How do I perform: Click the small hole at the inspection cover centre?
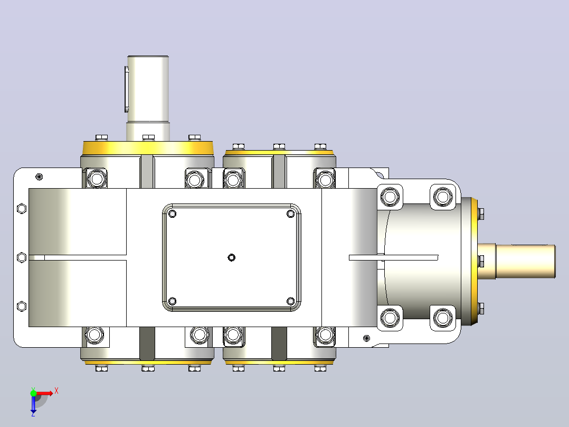pyautogui.click(x=232, y=258)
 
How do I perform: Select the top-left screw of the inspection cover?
pyautogui.click(x=173, y=213)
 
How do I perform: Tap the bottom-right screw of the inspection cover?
pyautogui.click(x=291, y=301)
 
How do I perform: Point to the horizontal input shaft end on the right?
pyautogui.click(x=526, y=261)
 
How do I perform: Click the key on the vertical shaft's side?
pyautogui.click(x=126, y=89)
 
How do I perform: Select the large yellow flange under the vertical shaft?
pyautogui.click(x=148, y=148)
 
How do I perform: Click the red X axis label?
pyautogui.click(x=56, y=391)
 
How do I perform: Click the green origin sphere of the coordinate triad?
pyautogui.click(x=33, y=393)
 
